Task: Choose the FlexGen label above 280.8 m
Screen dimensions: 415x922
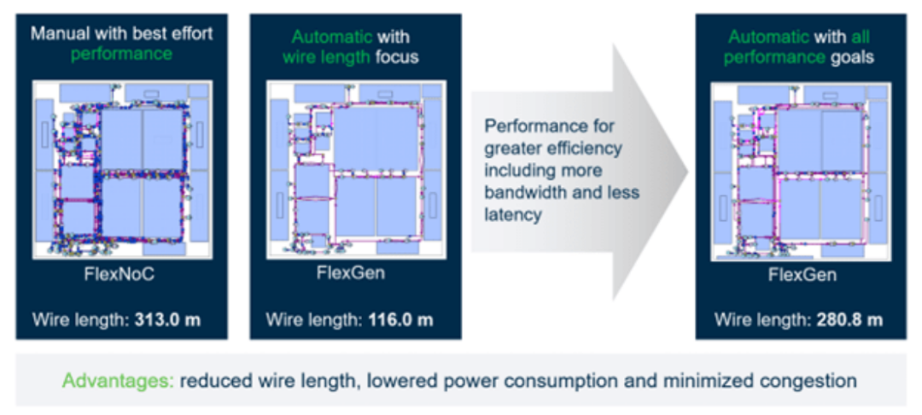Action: pos(802,275)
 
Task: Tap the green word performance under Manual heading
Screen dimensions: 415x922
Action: pos(122,54)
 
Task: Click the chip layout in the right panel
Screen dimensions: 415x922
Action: pos(802,171)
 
